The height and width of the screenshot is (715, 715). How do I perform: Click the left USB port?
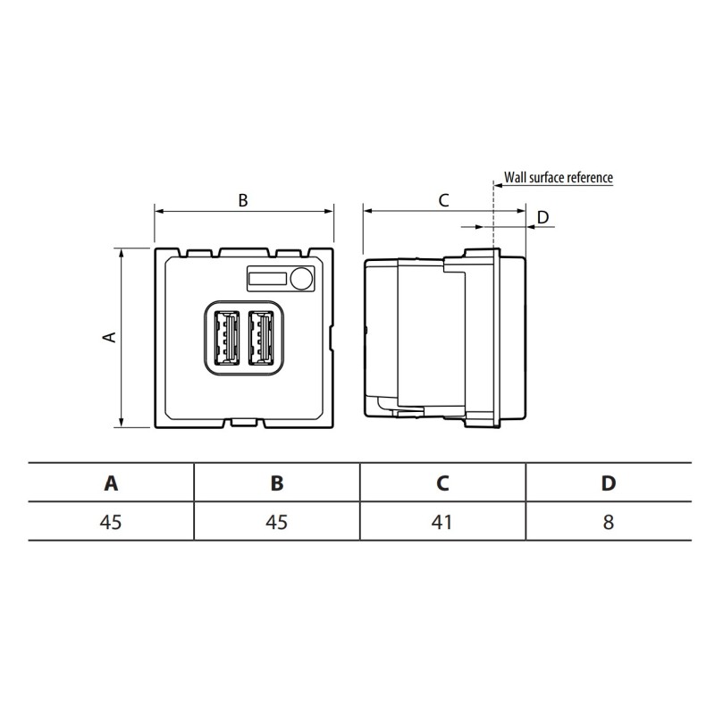coord(226,339)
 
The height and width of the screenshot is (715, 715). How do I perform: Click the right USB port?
coord(262,339)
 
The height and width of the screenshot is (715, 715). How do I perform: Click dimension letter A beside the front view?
coord(109,337)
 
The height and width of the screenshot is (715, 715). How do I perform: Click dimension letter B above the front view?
coord(243,201)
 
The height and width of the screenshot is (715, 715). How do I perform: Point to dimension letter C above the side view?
coord(443,201)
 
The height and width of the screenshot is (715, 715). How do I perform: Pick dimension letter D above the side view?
coord(543,217)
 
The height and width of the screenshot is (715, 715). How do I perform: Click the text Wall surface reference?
coord(559,177)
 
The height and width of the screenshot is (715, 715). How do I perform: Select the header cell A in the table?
coord(111,484)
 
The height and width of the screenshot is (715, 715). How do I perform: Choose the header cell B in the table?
coord(277,484)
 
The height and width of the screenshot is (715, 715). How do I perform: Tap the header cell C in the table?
coord(442,484)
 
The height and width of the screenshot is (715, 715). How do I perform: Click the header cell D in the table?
coord(608,484)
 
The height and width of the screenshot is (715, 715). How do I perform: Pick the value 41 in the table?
coord(442,522)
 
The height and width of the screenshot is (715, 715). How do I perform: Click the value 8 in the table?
coord(608,522)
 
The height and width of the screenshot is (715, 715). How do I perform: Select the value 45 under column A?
coord(111,522)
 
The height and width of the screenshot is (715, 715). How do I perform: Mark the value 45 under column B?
coord(277,522)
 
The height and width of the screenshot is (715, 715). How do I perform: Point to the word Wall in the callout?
coord(515,177)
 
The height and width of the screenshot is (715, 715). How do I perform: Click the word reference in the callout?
coord(591,177)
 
